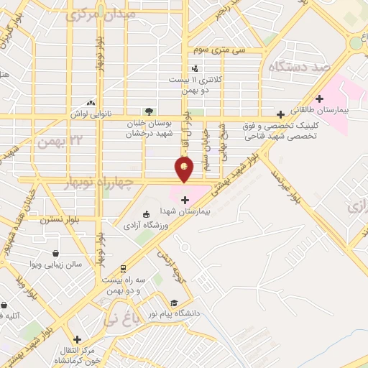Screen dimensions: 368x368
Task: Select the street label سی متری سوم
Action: click(x=218, y=50)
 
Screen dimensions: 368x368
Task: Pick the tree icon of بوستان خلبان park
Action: click(x=149, y=111)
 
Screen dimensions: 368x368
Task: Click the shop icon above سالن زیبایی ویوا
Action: click(x=56, y=253)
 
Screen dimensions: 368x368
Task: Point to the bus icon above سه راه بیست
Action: click(x=123, y=268)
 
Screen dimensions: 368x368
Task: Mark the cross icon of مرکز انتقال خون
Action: click(x=77, y=339)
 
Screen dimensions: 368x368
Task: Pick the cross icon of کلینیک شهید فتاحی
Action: click(x=280, y=114)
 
